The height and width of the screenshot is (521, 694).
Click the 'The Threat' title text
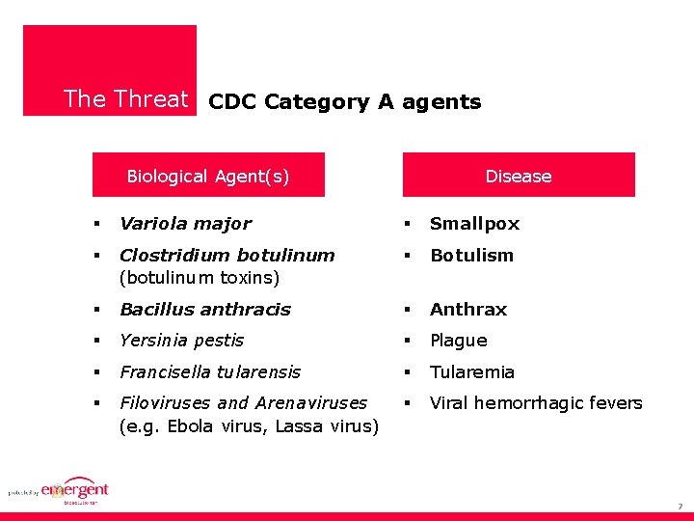125,99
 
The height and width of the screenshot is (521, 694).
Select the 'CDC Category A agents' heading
344,102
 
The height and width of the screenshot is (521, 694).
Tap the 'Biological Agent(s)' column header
208,176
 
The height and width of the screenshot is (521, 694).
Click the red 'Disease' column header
519,176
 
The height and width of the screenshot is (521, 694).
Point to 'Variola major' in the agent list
185,224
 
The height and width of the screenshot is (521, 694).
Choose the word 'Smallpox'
474,224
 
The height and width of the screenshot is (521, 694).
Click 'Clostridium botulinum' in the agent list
227,256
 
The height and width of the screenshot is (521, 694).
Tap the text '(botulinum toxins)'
199,278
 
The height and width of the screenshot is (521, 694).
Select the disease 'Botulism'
471,256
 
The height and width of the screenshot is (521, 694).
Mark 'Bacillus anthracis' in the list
204,310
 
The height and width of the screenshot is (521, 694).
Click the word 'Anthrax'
467,310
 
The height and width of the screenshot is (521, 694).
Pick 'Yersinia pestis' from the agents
181,341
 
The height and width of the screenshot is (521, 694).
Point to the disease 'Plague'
458,341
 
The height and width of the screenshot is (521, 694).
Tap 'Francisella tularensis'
210,372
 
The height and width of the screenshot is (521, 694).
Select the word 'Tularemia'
471,372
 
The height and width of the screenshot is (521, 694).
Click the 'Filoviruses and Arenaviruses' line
243,403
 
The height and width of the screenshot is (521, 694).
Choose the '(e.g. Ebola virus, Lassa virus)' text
249,426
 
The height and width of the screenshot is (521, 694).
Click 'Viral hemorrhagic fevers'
536,403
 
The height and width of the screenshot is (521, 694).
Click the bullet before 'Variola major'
97,224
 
